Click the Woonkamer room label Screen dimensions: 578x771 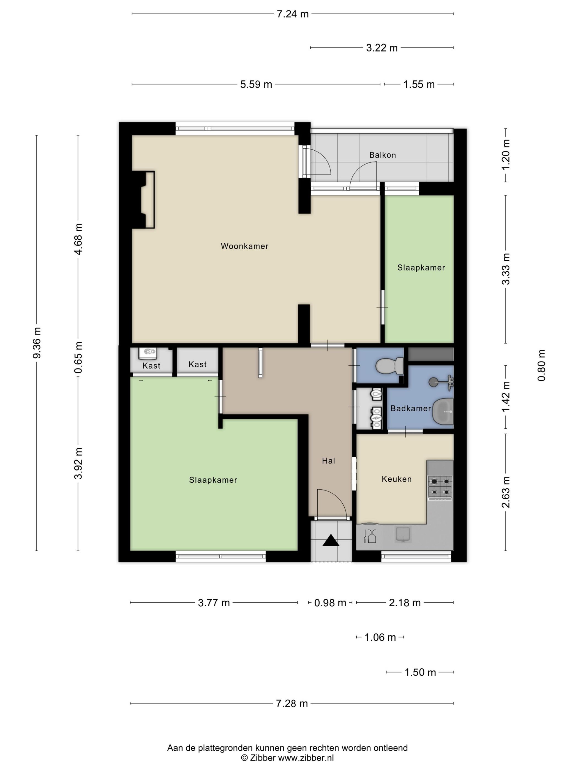[245, 246]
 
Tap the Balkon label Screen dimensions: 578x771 [383, 155]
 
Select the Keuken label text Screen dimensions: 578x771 [397, 479]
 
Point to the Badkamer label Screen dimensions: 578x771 [410, 409]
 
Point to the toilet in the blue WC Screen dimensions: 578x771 [389, 366]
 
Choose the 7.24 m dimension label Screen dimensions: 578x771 [293, 14]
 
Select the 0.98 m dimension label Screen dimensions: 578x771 [330, 603]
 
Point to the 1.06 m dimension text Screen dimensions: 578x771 [380, 637]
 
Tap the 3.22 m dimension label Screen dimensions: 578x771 [382, 48]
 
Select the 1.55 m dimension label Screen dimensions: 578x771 [419, 84]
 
